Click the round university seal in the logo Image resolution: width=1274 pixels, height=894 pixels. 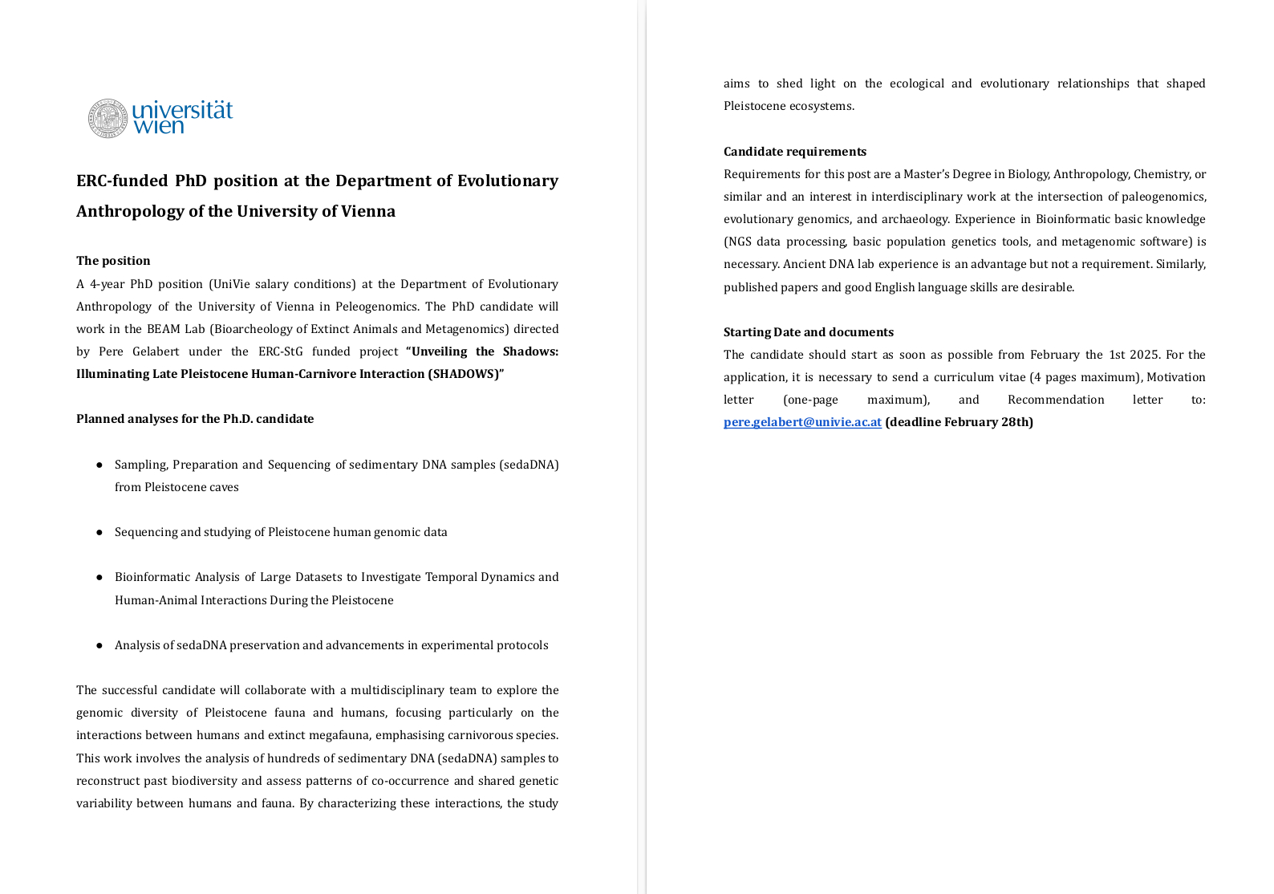click(108, 119)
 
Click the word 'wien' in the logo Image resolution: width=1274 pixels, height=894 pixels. click(158, 126)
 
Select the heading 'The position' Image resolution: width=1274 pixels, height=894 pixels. click(113, 261)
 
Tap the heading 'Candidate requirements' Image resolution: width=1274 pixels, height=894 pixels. click(794, 152)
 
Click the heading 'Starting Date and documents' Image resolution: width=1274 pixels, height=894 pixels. click(808, 332)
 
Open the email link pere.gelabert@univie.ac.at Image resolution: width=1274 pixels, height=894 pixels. click(802, 422)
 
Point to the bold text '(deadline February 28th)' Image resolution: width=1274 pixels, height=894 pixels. click(959, 422)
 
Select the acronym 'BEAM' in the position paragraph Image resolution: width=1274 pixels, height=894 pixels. click(163, 329)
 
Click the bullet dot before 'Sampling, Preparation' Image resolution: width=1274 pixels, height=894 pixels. click(99, 465)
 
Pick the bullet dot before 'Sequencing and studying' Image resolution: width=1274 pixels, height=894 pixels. click(99, 532)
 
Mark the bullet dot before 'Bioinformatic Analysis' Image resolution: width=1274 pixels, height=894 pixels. click(99, 577)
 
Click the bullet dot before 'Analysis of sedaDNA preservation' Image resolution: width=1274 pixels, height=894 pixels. click(99, 645)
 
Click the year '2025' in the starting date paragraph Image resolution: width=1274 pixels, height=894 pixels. click(1145, 355)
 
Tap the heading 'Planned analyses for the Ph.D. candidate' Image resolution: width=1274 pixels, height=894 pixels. click(195, 419)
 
